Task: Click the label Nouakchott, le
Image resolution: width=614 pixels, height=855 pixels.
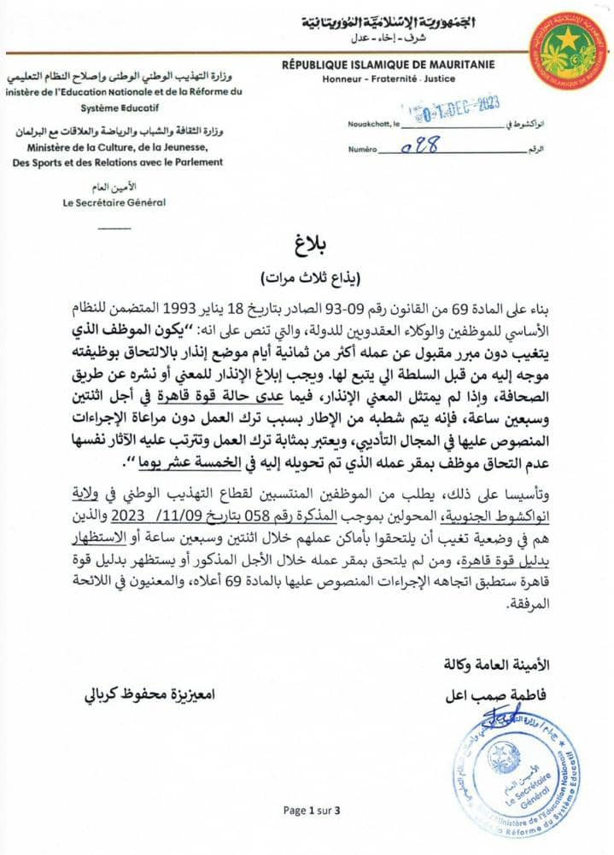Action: pyautogui.click(x=373, y=125)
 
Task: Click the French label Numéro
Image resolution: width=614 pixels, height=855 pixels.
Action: pyautogui.click(x=362, y=149)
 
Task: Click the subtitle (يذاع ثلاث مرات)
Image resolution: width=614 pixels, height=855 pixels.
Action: pyautogui.click(x=308, y=278)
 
